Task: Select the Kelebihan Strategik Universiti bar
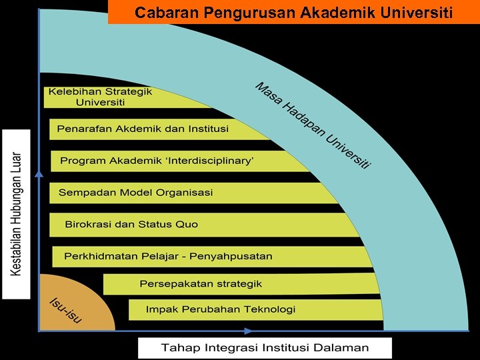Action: tap(100, 97)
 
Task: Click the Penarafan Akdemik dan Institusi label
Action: tap(143, 129)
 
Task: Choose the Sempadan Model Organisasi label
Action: tap(135, 193)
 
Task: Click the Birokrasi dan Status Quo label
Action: tap(131, 224)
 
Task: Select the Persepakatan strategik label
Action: tap(201, 284)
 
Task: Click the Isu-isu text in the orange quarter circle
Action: tap(66, 311)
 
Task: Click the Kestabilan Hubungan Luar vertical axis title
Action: tap(17, 213)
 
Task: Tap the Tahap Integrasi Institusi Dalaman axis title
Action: tap(265, 348)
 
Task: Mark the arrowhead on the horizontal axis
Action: tap(249, 331)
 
